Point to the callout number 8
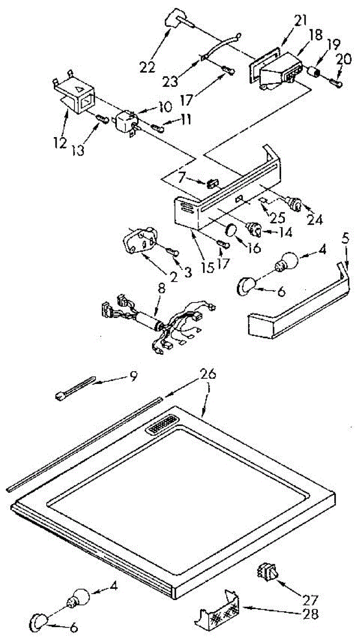tap(161, 288)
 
